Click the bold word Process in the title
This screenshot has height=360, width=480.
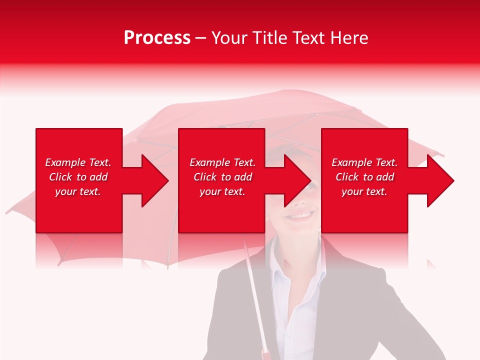157,38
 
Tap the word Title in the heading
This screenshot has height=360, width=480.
270,38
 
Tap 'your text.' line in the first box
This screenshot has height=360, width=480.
78,191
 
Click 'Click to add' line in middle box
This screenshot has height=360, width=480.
222,177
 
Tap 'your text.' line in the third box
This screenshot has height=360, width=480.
364,191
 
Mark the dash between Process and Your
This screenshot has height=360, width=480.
201,38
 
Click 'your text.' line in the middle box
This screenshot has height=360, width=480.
222,191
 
